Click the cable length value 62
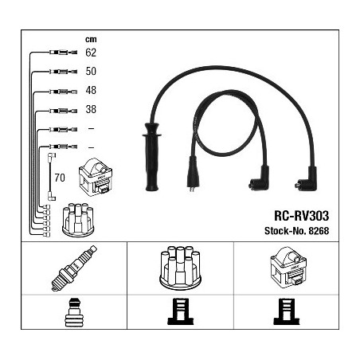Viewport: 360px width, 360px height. (x=91, y=53)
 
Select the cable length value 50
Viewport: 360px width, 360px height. (x=91, y=71)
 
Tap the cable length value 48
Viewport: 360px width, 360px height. (x=91, y=90)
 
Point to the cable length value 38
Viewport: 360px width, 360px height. (x=91, y=109)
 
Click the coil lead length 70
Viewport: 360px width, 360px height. (x=60, y=178)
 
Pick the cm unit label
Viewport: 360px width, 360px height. (x=91, y=39)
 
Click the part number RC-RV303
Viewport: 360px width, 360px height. (x=301, y=216)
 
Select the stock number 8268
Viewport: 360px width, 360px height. (x=319, y=231)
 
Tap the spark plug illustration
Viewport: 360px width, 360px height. (x=74, y=268)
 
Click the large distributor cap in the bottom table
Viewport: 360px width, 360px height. (x=180, y=267)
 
